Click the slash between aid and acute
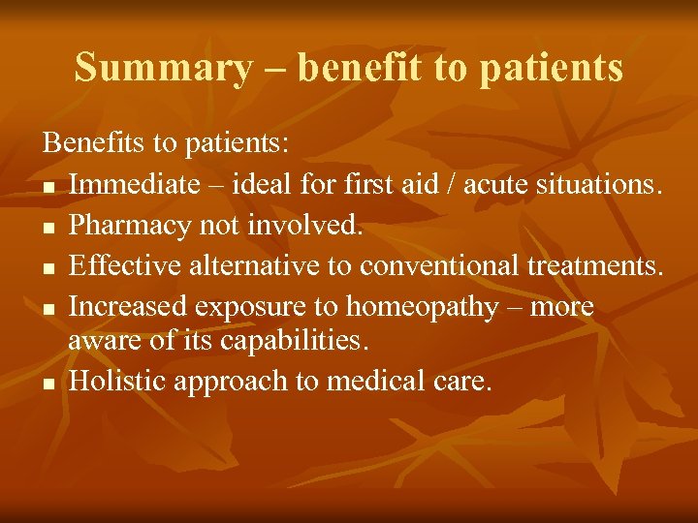click(x=453, y=183)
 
